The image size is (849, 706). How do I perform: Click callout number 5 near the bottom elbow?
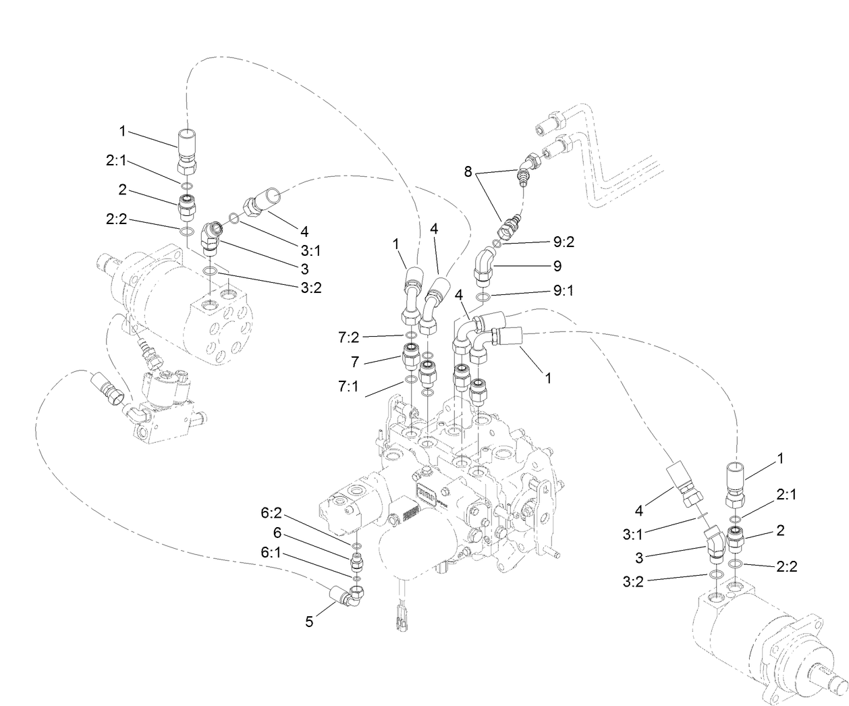(x=309, y=622)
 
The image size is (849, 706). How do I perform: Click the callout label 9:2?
(x=564, y=242)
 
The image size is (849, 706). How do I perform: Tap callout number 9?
(x=557, y=266)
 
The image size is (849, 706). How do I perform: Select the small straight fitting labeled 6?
(x=357, y=560)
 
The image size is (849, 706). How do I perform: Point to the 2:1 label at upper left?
(x=117, y=161)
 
